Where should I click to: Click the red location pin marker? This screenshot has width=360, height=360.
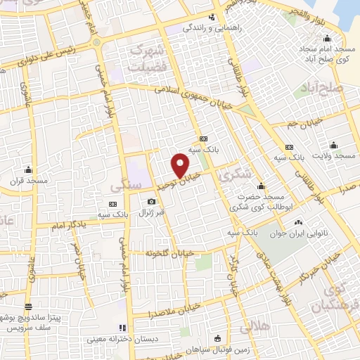pos(181,164)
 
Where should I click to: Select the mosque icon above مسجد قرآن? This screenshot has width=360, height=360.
pos(28,169)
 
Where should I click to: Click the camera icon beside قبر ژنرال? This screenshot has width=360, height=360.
pos(151,202)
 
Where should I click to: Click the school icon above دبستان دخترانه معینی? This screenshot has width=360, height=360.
pos(122,327)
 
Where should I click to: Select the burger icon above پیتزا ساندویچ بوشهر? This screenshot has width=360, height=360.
pos(28,307)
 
